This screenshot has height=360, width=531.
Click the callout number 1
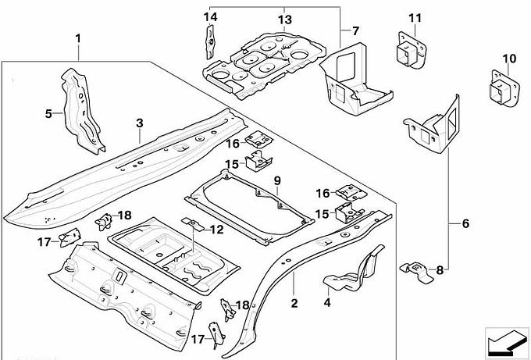point(78,37)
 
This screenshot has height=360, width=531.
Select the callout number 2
point(294,303)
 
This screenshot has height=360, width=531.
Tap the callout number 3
point(139,123)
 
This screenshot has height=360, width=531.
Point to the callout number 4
point(327,302)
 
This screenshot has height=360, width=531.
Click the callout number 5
point(48,114)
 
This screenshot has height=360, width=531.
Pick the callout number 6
point(465,225)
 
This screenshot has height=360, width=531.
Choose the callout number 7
point(355,32)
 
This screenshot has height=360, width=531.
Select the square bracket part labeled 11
point(409,52)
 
